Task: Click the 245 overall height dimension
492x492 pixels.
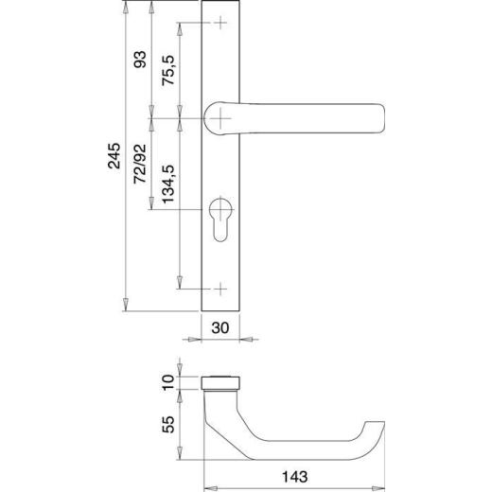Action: click(x=114, y=156)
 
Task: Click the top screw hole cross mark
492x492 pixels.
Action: click(x=220, y=24)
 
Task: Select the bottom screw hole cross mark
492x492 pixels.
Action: click(x=220, y=287)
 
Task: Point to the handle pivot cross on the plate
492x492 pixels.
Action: click(x=220, y=116)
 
